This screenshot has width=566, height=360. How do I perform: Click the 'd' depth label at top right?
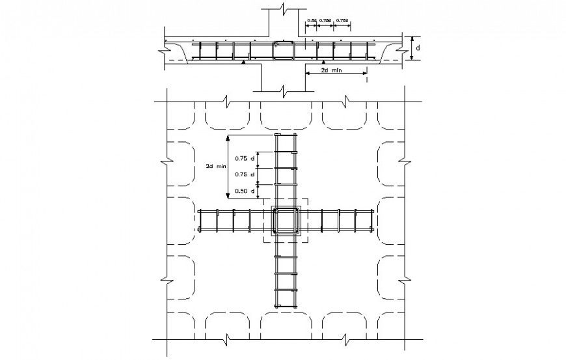coord(418,48)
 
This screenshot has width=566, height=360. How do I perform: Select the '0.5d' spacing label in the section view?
coord(311,21)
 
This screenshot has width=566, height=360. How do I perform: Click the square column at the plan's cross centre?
coord(286,221)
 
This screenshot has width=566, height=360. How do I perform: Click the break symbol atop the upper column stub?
coord(282,9)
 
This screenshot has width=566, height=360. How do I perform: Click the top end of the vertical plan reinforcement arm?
coord(286,135)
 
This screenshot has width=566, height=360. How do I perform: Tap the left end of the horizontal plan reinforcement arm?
coord(201,221)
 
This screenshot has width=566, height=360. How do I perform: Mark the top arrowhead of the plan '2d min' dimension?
coord(227,138)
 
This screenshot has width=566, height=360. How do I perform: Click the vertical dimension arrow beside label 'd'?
coord(411,48)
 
